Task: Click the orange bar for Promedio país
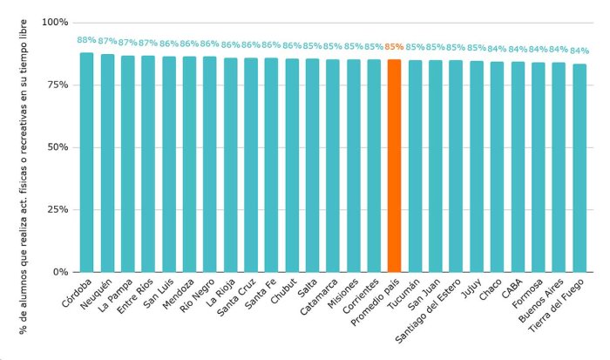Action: pos(394,166)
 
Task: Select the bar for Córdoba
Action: pos(87,162)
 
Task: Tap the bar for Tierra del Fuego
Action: pos(579,168)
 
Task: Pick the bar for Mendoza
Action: pos(189,164)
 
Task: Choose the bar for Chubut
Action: pos(292,166)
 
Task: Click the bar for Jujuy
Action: pos(477,166)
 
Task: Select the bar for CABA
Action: pos(518,167)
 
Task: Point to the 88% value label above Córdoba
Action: pos(86,40)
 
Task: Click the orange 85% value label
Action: pos(394,47)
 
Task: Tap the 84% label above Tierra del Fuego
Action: pos(579,51)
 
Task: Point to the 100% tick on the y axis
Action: pos(55,23)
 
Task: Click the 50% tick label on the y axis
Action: pos(58,147)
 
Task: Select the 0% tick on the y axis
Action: pos(60,272)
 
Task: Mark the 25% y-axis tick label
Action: pos(58,209)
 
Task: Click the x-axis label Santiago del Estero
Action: pos(429,311)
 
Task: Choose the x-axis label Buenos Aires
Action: pos(541,301)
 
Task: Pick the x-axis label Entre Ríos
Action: pos(135,296)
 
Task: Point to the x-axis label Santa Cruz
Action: pos(236,297)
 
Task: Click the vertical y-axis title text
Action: pos(24,177)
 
